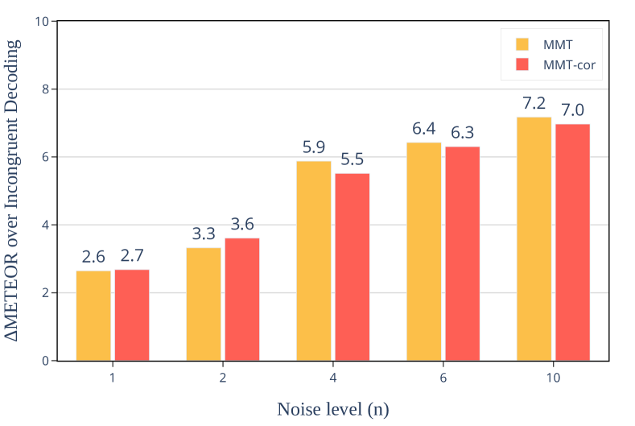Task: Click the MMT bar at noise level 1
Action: click(x=93, y=316)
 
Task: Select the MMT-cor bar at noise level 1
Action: click(x=132, y=315)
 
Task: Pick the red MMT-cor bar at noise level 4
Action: click(x=353, y=267)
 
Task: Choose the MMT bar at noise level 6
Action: click(x=423, y=251)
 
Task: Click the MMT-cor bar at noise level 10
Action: click(x=572, y=242)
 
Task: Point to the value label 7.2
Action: click(x=534, y=103)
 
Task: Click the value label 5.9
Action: click(x=314, y=147)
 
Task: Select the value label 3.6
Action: click(x=242, y=225)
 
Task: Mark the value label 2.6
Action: click(x=93, y=257)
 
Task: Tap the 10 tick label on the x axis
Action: click(x=553, y=377)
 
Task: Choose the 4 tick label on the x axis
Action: click(x=333, y=377)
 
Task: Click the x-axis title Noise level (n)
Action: click(x=333, y=409)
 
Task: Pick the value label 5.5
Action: click(x=353, y=159)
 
